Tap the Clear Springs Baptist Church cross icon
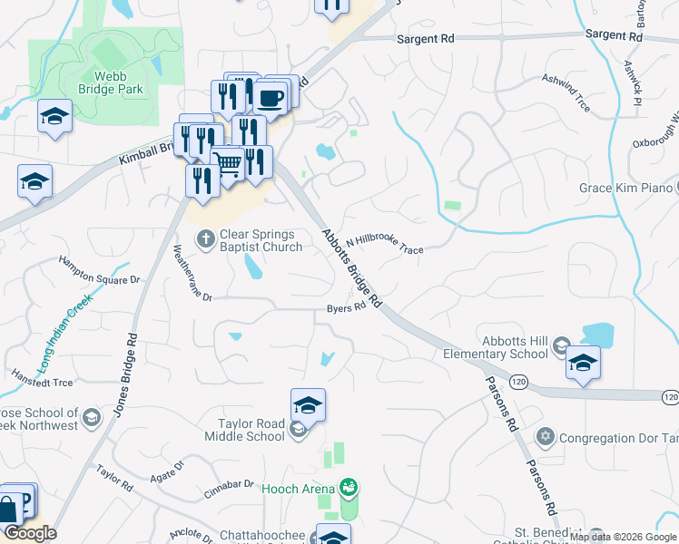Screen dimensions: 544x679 tap(206, 238)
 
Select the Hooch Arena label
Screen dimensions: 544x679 tap(299, 489)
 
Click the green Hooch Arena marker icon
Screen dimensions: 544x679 tap(348, 488)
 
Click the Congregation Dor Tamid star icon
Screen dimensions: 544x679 tap(545, 437)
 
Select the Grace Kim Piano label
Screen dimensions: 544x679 tap(625, 189)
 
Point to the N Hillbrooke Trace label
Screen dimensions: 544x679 tap(384, 243)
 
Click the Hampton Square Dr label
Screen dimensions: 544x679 tap(100, 271)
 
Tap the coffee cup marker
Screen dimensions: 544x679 tap(271, 96)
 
